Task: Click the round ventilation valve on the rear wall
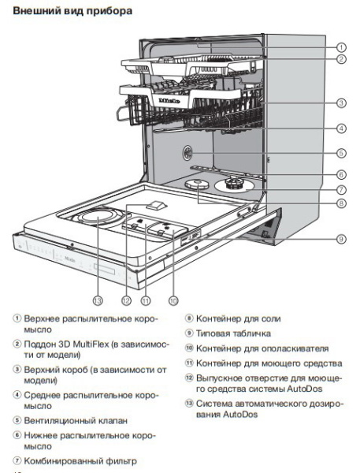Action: pyautogui.click(x=191, y=153)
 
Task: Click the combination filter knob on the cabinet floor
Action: pyautogui.click(x=234, y=184)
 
